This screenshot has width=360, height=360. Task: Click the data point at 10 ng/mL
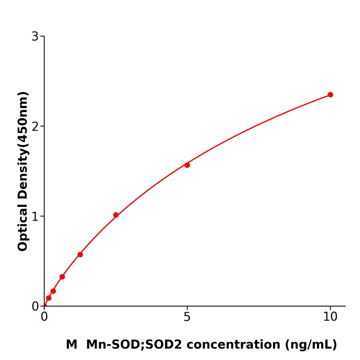[x=330, y=95]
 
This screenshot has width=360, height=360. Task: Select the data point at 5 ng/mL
[x=187, y=165]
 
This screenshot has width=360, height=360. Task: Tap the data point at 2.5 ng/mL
[x=116, y=215]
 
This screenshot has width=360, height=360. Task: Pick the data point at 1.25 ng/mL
[x=80, y=255]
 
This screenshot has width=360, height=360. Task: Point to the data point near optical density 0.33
[x=62, y=277]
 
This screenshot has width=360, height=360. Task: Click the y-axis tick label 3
[x=35, y=37]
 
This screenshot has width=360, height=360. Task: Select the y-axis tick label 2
[x=35, y=127]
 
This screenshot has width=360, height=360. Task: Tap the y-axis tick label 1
[x=35, y=217]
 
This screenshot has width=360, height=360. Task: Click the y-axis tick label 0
[x=35, y=307]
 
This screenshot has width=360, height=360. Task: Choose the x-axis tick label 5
[x=187, y=317]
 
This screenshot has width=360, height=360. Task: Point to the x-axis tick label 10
[x=330, y=317]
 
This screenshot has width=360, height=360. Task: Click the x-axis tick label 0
[x=44, y=317]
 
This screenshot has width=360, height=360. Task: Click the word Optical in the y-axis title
[x=23, y=228]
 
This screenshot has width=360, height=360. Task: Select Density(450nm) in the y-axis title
[x=23, y=146]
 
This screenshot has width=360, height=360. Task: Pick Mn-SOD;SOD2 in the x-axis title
[x=134, y=345]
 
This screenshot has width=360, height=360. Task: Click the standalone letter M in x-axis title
[x=71, y=345]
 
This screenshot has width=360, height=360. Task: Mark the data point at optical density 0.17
[x=53, y=291]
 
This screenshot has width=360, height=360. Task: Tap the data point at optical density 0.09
[x=49, y=298]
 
